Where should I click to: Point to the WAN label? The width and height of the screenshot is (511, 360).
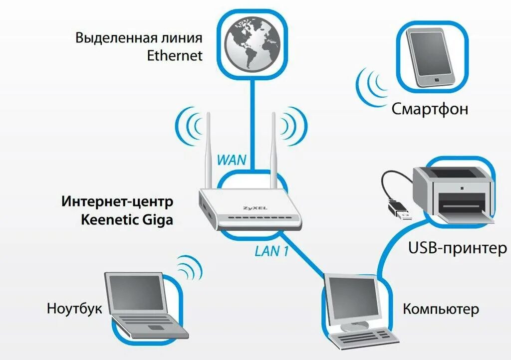pyautogui.click(x=232, y=161)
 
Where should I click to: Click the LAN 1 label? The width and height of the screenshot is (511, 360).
pyautogui.click(x=271, y=251)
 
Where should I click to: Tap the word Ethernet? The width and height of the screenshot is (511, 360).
pyautogui.click(x=175, y=55)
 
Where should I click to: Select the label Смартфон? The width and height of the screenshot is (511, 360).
pyautogui.click(x=430, y=109)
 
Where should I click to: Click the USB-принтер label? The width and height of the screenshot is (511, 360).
pyautogui.click(x=457, y=248)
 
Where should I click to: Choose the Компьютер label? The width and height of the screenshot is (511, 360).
pyautogui.click(x=441, y=309)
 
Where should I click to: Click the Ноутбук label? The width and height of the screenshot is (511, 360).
pyautogui.click(x=74, y=308)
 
